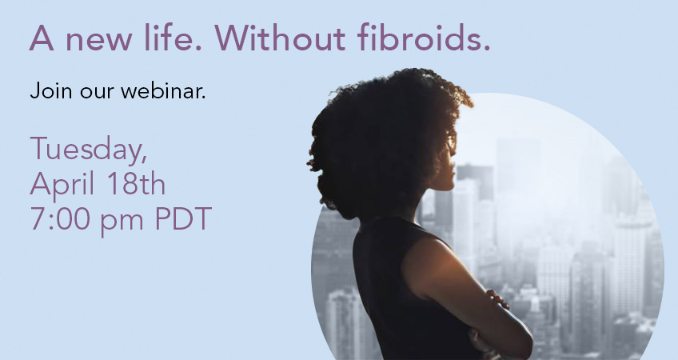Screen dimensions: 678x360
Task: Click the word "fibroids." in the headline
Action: tap(424, 38)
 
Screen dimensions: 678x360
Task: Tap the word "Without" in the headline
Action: tap(280, 38)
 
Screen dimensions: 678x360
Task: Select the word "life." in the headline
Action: tap(173, 38)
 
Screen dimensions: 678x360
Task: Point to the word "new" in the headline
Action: tap(98, 41)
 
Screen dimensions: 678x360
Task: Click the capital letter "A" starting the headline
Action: tap(42, 38)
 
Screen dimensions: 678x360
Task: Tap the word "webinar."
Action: tap(163, 91)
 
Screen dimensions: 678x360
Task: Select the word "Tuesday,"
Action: tap(89, 150)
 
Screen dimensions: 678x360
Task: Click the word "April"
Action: tap(62, 185)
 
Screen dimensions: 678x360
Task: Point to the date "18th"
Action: tap(136, 184)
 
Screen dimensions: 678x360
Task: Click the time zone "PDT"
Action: tap(183, 218)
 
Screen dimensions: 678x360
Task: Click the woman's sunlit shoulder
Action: tap(428, 260)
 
